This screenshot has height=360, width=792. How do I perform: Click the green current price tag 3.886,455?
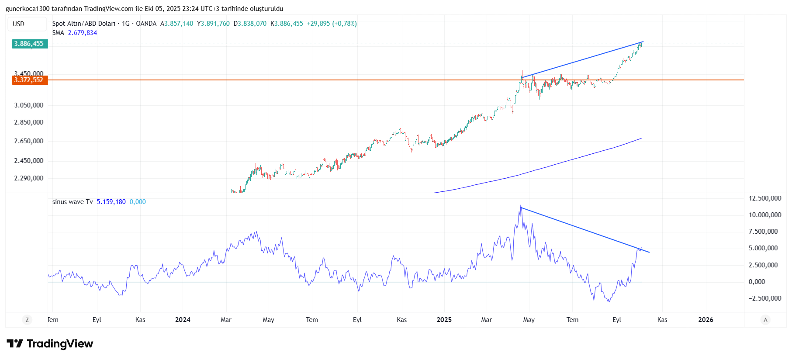29,44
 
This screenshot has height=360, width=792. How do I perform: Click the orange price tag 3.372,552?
29,80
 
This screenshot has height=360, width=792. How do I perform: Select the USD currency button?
19,24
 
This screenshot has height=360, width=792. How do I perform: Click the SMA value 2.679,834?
82,33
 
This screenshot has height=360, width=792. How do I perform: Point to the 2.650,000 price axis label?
29,141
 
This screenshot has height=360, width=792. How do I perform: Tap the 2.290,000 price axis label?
29,178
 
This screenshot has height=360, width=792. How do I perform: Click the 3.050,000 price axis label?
29,105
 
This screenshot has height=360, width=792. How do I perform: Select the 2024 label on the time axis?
183,320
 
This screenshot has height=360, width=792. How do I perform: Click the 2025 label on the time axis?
444,320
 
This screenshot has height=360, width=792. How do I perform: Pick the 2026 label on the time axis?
706,320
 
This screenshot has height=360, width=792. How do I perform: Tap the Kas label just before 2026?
662,320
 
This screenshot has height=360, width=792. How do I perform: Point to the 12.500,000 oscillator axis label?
765,198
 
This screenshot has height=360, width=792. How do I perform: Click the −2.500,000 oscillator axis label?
765,298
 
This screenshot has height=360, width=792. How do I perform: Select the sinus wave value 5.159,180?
111,202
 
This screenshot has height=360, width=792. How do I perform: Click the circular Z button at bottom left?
27,320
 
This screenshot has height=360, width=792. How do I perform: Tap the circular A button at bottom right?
765,320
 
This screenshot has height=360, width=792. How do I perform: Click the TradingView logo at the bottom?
50,344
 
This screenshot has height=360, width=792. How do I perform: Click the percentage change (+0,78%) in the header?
344,24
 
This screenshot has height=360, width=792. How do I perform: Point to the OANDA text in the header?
146,24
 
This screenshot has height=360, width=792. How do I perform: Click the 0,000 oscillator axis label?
757,282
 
